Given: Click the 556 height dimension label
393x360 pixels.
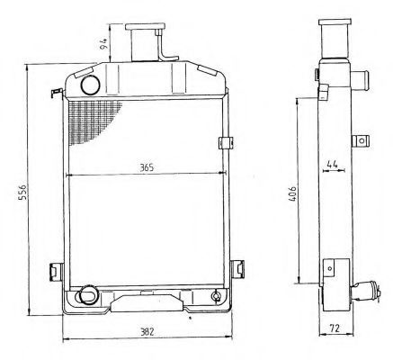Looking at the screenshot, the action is tap(23, 192).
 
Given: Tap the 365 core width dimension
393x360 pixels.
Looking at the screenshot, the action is tap(147, 167).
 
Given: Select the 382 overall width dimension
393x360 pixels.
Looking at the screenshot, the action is tap(147, 332).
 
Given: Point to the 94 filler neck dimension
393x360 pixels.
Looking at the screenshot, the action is tap(104, 44).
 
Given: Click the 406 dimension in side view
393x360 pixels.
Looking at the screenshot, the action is tap(292, 193).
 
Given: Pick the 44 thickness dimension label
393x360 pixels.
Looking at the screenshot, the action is tap(332, 165).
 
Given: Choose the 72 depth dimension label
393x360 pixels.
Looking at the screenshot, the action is tap(335, 328).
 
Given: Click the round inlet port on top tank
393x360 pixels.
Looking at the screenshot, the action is tap(90, 85).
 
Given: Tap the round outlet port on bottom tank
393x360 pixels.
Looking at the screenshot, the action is tap(87, 294).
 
